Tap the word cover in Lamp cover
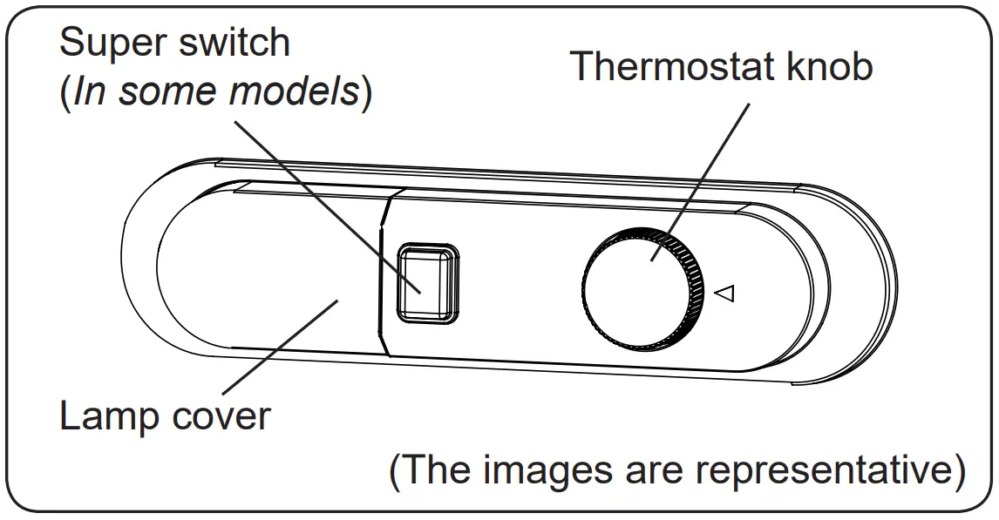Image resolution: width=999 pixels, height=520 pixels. pos(222,417)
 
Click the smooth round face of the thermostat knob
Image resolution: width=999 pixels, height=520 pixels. pos(636,287)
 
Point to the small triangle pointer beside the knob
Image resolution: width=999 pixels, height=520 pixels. pos(724,294)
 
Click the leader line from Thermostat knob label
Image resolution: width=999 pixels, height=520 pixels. pos(706,174)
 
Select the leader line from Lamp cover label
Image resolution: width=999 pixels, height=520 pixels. pos(279,348)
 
